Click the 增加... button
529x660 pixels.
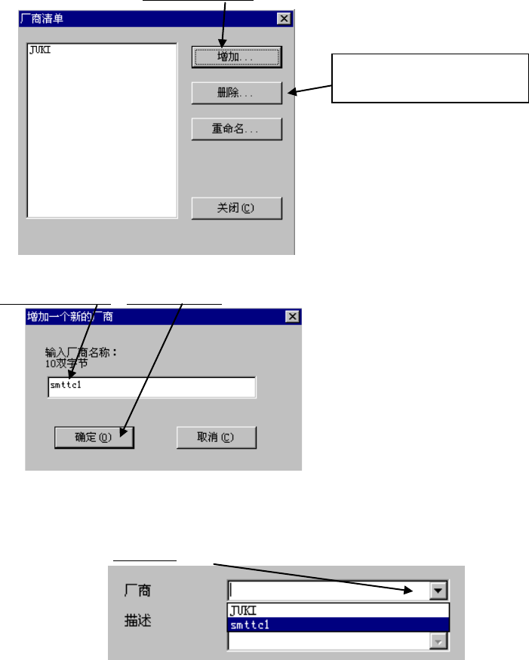tap(237, 57)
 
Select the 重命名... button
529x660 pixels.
tap(237, 129)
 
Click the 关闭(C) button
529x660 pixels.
tap(237, 207)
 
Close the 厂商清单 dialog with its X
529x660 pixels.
tap(284, 18)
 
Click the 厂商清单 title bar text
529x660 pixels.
tap(42, 18)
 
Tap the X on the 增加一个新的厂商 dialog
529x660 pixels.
tap(292, 316)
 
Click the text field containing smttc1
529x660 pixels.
tap(151, 388)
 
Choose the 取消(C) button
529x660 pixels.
tap(216, 437)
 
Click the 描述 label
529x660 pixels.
tap(139, 622)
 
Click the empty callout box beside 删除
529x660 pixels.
tap(429, 78)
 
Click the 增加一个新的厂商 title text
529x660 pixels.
tap(70, 316)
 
